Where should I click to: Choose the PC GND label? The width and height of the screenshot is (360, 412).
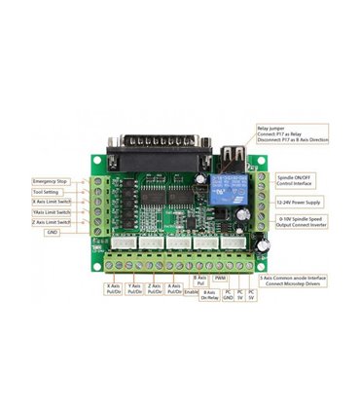tap(228, 295)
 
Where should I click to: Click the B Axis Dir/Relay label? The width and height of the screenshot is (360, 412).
tap(208, 295)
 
